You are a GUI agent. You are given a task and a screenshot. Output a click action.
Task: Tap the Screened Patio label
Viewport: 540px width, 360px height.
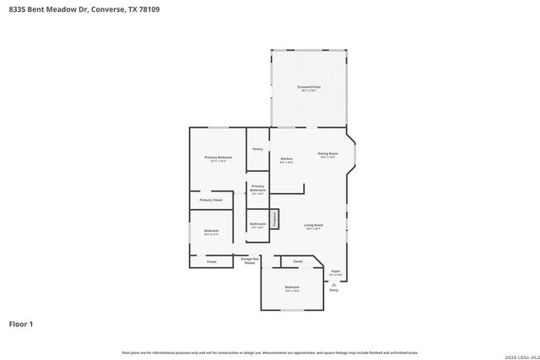click(309, 88)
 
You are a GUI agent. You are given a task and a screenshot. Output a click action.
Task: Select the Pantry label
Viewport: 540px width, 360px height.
click(257, 149)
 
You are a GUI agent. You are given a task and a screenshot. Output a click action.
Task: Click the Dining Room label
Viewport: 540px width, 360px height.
click(327, 154)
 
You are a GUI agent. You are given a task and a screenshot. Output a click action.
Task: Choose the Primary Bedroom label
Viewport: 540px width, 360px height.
click(218, 159)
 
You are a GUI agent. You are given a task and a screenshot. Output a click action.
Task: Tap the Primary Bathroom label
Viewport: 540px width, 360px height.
click(257, 189)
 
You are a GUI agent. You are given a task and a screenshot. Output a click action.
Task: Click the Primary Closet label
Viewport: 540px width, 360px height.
click(211, 200)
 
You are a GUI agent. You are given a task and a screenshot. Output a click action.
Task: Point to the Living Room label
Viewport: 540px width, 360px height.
click(314, 226)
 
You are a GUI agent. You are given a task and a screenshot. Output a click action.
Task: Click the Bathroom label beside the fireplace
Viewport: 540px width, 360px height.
click(257, 225)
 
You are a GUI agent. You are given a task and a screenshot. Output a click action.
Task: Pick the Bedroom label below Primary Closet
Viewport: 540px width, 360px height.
click(211, 232)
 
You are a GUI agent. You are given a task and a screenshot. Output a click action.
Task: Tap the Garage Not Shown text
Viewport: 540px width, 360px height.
click(249, 261)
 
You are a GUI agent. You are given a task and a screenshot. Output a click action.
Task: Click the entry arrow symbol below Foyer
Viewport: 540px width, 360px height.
click(334, 285)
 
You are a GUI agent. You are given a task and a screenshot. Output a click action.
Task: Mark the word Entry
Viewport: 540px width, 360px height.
click(334, 291)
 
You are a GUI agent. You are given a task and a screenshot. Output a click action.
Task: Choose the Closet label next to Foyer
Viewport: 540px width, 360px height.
click(298, 261)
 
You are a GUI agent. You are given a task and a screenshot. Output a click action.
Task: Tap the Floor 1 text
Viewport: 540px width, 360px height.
click(21, 324)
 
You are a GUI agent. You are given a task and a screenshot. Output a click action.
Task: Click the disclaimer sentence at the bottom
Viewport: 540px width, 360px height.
click(269, 352)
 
